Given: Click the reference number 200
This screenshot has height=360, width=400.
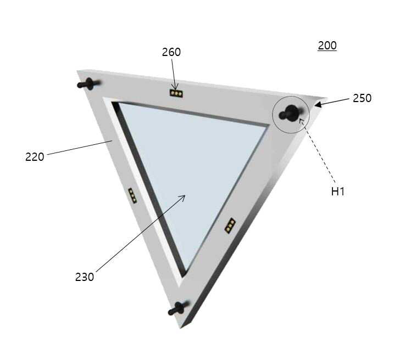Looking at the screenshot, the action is [327, 46].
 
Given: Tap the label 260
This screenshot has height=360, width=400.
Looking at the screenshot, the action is [171, 52].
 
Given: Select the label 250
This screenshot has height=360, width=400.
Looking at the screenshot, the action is [362, 98].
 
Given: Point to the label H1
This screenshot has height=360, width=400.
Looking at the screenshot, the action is [338, 192].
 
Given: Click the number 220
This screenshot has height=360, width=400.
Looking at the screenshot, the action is [35, 157].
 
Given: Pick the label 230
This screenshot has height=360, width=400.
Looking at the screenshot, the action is [85, 277].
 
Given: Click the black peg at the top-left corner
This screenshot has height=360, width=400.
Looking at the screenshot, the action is [88, 84].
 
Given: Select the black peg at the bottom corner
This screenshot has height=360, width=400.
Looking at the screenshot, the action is [178, 308].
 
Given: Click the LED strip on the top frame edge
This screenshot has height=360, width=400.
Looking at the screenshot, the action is [176, 93].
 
